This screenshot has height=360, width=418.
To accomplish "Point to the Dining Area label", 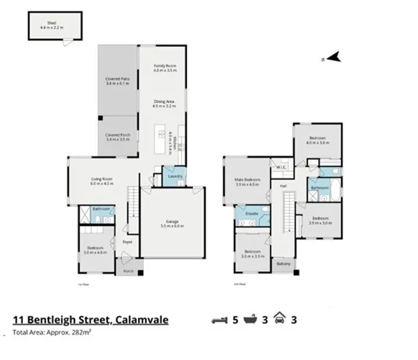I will pos(165,102).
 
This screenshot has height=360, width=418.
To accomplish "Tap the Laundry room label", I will pos(175,176).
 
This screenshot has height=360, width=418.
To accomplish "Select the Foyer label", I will pos(127,242).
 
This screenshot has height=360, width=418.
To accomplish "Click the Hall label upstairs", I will pos(283,186).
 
